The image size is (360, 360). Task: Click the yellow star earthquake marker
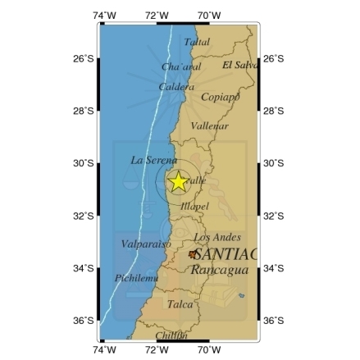[178, 183]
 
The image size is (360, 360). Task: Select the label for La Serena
[148, 160]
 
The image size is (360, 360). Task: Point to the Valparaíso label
[145, 244]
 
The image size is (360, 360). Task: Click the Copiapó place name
[220, 96]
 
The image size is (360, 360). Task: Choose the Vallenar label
[208, 126]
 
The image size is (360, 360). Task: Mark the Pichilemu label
[136, 279]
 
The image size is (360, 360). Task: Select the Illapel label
[194, 207]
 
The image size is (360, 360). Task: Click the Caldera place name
[175, 86]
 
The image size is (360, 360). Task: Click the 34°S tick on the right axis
[275, 268]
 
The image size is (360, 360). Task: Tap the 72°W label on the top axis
[156, 15]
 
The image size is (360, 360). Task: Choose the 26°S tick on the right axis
[275, 59]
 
